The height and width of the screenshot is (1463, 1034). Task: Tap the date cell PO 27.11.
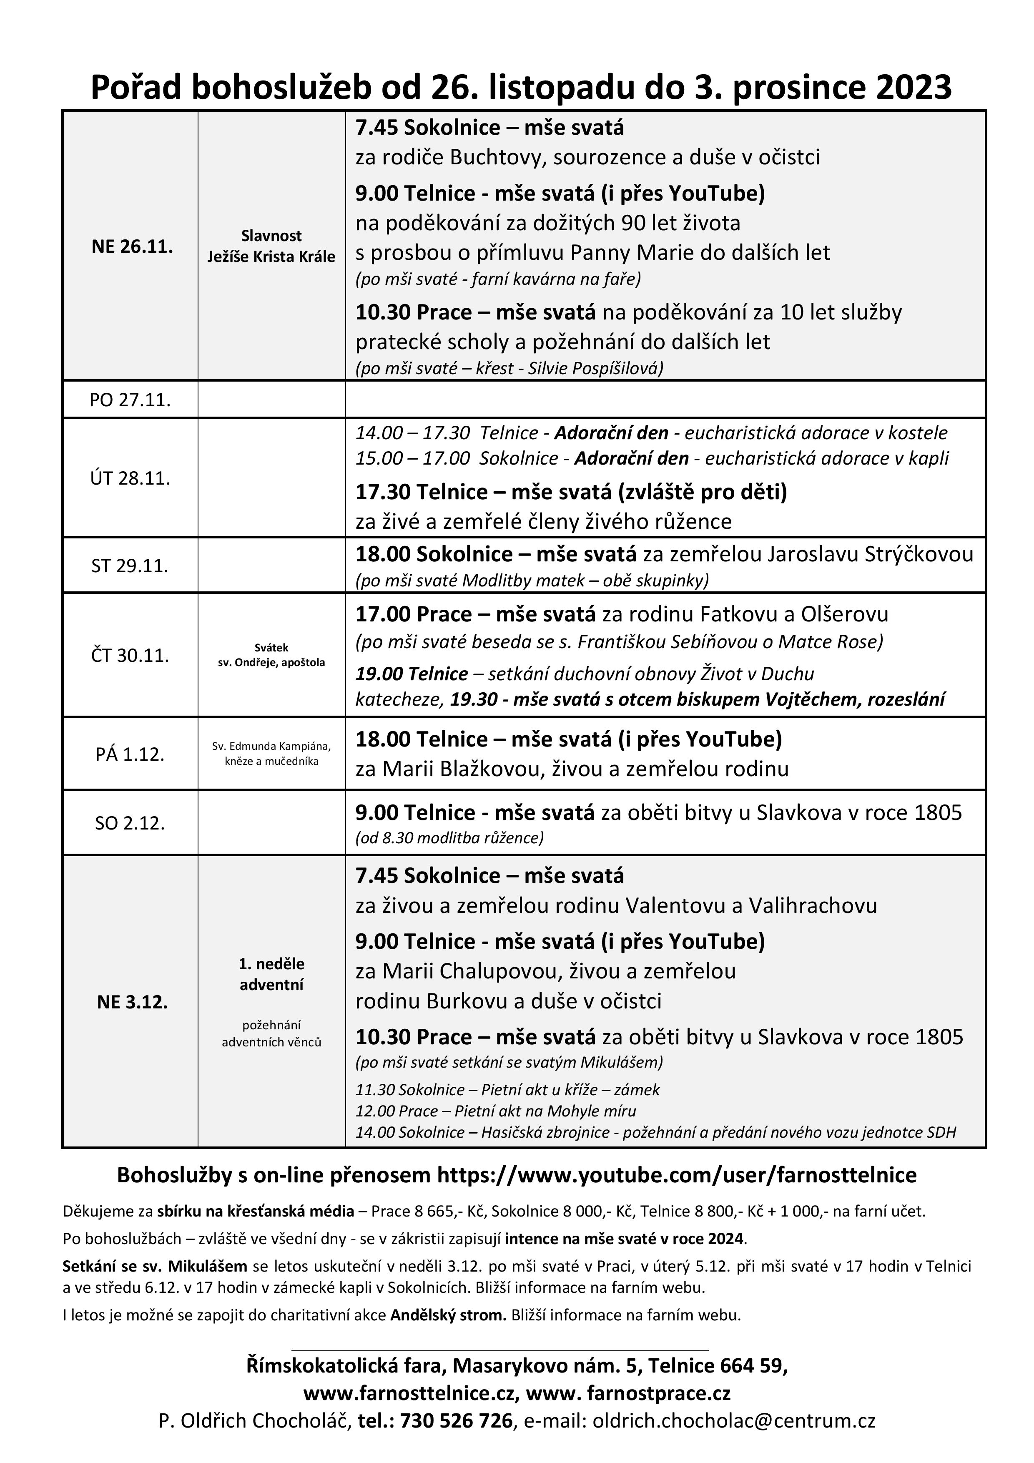(130, 400)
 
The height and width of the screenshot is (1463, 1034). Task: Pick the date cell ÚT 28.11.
(130, 478)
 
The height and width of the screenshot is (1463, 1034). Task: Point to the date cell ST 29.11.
(130, 566)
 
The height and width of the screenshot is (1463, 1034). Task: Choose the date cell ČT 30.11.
(130, 655)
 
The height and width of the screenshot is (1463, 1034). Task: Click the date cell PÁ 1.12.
(130, 754)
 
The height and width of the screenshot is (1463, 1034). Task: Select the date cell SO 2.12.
(130, 823)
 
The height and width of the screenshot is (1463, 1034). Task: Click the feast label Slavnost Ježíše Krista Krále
(271, 246)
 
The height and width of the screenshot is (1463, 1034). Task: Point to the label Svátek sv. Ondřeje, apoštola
(271, 655)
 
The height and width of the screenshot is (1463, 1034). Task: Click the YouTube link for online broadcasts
(677, 1175)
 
